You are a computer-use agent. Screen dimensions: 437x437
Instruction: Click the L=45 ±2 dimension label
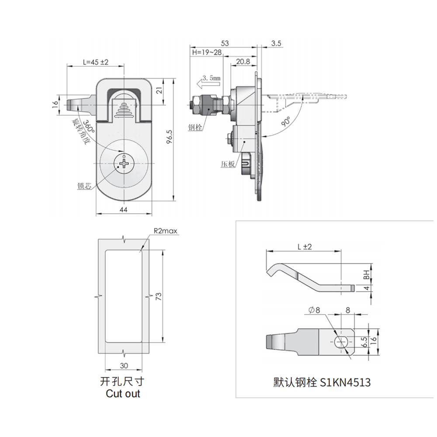(95, 62)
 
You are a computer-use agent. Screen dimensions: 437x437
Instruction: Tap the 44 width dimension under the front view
(124, 210)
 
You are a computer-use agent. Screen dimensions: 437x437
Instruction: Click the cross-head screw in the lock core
(124, 165)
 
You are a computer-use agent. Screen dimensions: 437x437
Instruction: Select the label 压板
(228, 164)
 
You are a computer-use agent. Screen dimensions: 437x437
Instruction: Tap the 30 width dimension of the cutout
(124, 365)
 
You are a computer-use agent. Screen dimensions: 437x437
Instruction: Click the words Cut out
(123, 393)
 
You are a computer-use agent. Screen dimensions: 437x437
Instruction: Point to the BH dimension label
(366, 274)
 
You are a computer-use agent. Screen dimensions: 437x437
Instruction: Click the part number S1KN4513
(345, 382)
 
